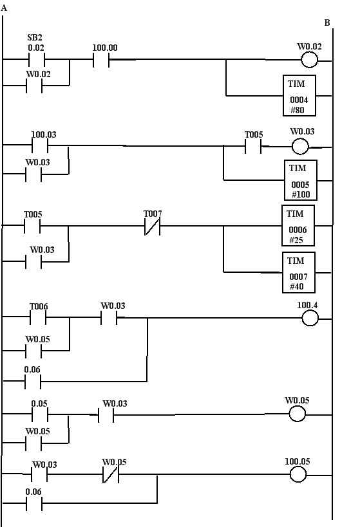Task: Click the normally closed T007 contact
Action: coord(152,227)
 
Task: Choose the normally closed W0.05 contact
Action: coord(110,475)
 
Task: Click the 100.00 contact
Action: coord(101,59)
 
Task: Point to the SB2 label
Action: coord(35,37)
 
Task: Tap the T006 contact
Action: coord(38,317)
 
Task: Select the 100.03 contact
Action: coord(40,145)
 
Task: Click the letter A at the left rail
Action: coord(4,8)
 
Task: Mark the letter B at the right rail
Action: coord(327,23)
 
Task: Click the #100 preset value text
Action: coord(301,194)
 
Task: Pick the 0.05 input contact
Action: coord(40,414)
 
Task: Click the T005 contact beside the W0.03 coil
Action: coord(253,146)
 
